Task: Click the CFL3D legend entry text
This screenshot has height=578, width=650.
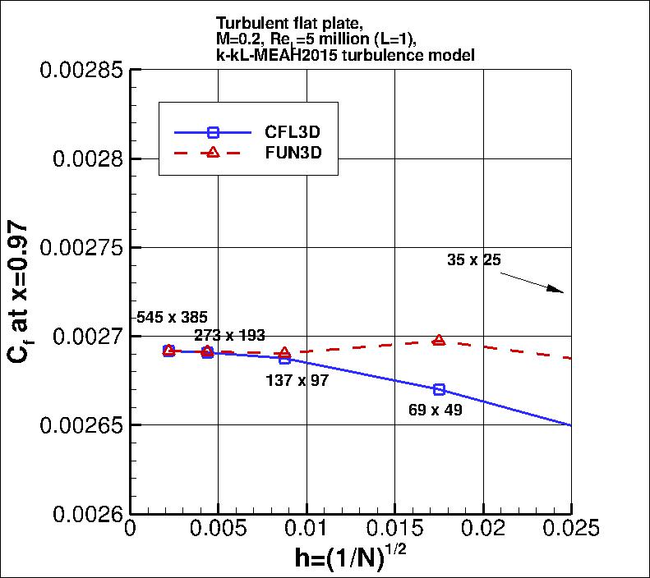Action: [x=293, y=132]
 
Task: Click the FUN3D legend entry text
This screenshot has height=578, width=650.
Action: [x=293, y=154]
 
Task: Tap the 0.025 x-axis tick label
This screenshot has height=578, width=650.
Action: [x=571, y=528]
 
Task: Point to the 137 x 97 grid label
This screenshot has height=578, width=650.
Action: [x=297, y=381]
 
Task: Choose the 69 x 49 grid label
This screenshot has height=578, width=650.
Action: [x=435, y=408]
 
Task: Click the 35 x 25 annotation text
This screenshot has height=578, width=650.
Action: [x=474, y=259]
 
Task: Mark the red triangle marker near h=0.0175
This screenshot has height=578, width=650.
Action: [x=439, y=340]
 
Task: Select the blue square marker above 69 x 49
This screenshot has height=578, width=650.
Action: [x=439, y=389]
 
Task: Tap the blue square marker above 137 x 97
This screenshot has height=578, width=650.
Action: [x=285, y=359]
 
